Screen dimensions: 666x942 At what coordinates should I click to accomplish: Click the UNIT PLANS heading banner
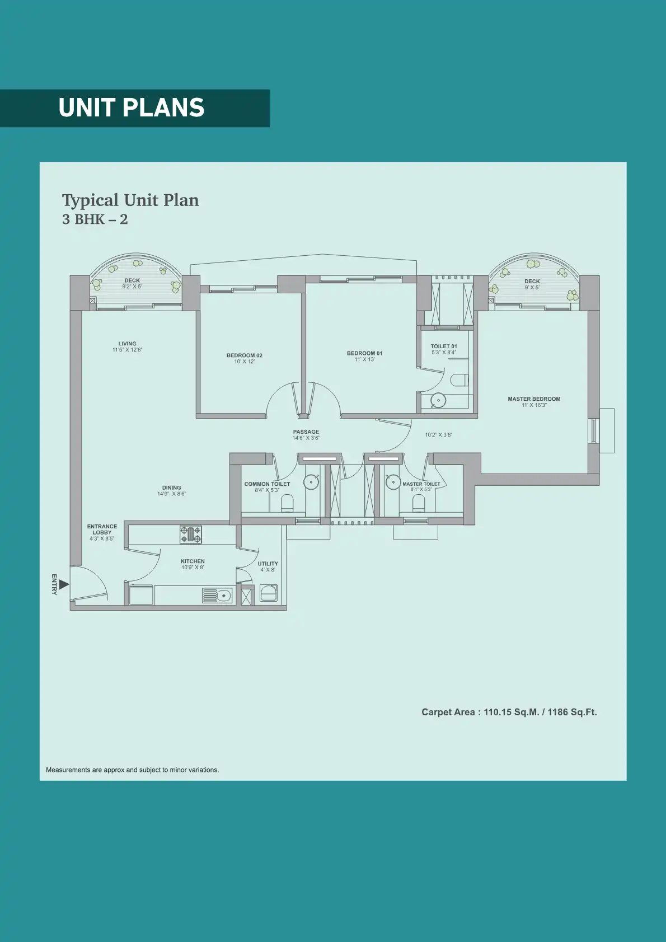(x=134, y=108)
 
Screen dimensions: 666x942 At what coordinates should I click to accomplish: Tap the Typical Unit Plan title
(x=130, y=200)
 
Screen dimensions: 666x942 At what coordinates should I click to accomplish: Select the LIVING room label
(x=127, y=344)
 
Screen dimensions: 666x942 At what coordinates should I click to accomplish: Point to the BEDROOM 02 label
(x=244, y=355)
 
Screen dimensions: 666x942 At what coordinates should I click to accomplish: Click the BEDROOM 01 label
(x=364, y=353)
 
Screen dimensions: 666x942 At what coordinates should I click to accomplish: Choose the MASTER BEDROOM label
(x=534, y=399)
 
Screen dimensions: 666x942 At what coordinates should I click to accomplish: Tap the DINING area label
(x=172, y=488)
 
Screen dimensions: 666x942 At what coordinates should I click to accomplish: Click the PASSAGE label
(x=306, y=432)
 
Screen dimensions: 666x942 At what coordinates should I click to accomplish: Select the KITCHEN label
(x=193, y=561)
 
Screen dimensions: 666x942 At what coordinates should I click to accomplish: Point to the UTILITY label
(x=268, y=564)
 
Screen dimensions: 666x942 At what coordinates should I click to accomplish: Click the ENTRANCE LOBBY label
(x=102, y=529)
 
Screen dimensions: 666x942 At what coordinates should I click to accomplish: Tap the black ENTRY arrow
(x=64, y=584)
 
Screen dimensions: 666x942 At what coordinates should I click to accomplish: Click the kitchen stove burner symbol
(x=191, y=535)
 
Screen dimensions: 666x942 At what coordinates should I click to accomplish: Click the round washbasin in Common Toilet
(x=311, y=482)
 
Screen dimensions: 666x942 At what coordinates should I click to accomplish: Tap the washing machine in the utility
(x=269, y=593)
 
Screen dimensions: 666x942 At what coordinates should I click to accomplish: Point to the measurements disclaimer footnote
(x=133, y=770)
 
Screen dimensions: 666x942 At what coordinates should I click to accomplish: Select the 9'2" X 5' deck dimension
(x=132, y=287)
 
